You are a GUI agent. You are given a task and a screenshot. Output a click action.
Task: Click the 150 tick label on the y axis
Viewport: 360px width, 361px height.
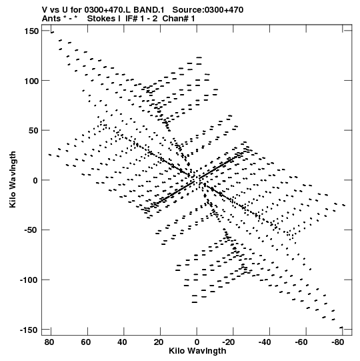tap(31, 31)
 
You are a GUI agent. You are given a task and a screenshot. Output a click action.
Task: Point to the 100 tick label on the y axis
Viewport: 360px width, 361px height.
tap(31, 81)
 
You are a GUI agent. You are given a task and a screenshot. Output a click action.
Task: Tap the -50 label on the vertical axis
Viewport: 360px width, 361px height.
tap(31, 230)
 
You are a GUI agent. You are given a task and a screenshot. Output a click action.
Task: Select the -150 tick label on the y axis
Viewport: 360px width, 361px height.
tap(29, 330)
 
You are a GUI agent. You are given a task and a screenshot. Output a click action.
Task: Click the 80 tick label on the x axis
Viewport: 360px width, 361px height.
tap(49, 342)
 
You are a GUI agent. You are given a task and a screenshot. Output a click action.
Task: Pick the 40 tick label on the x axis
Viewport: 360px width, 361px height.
tap(122, 342)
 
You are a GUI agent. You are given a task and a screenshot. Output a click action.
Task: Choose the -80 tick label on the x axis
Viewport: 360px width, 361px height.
tap(337, 342)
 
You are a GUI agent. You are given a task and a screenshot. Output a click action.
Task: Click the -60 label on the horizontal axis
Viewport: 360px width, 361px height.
tap(301, 342)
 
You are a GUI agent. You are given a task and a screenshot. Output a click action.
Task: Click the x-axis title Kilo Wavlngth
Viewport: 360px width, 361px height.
tap(197, 351)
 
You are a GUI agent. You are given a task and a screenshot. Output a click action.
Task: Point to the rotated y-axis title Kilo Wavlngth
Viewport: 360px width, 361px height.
tap(13, 179)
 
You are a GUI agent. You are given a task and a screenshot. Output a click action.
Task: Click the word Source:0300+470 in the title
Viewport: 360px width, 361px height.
tap(208, 10)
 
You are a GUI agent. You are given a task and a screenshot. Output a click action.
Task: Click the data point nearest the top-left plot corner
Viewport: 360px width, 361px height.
tap(52, 33)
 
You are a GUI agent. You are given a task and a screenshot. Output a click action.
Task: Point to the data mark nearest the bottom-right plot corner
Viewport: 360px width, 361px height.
tap(341, 328)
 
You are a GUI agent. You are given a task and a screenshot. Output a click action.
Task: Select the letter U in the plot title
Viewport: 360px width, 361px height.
tap(65, 10)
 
